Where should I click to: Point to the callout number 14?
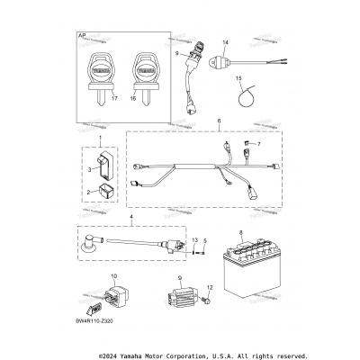pos(226,43)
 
